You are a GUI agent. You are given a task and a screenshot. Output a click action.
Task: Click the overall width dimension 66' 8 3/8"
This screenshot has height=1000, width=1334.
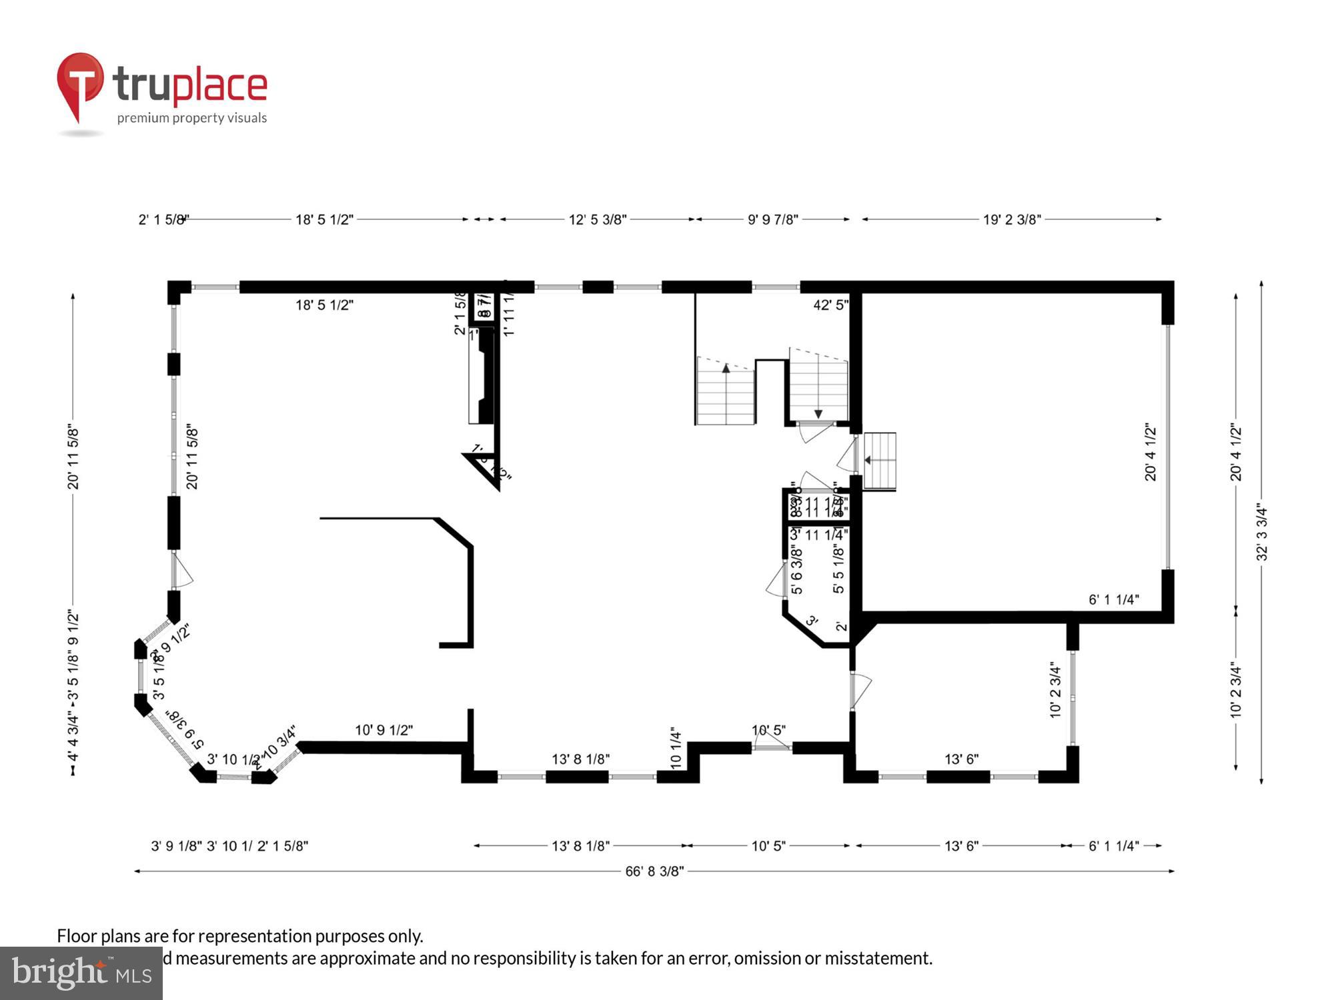(654, 871)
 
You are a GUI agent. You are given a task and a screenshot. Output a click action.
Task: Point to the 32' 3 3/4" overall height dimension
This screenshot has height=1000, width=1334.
(1261, 533)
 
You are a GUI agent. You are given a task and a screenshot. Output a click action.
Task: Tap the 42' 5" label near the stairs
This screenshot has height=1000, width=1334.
(830, 305)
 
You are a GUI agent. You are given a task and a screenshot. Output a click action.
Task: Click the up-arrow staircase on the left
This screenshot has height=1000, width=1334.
(726, 393)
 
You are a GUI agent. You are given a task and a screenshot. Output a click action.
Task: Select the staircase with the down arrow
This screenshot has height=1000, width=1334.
(818, 387)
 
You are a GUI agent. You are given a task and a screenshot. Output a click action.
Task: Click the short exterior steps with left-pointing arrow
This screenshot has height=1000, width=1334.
(879, 461)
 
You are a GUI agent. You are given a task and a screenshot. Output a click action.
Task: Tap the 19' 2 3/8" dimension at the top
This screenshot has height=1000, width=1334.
(1011, 219)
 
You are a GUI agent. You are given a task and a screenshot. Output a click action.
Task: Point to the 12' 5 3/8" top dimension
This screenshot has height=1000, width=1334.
(597, 219)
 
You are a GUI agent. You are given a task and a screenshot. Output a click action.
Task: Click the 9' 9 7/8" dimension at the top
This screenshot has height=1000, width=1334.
(772, 219)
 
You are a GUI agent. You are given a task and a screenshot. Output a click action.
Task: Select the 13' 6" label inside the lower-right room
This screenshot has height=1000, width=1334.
(961, 759)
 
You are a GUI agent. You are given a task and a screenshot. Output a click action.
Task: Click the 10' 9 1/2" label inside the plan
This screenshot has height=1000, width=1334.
(384, 730)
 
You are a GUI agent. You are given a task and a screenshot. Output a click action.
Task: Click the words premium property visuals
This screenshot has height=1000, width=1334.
(192, 118)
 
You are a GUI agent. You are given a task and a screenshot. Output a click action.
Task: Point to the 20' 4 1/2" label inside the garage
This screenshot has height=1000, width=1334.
(1151, 451)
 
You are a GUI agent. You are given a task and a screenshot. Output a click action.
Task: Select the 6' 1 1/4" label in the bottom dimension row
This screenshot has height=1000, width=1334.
(1113, 846)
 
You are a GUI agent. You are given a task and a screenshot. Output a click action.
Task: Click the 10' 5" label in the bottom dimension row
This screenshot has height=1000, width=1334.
(768, 846)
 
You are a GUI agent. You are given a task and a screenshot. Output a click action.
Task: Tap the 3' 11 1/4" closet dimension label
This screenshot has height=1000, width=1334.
(818, 534)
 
